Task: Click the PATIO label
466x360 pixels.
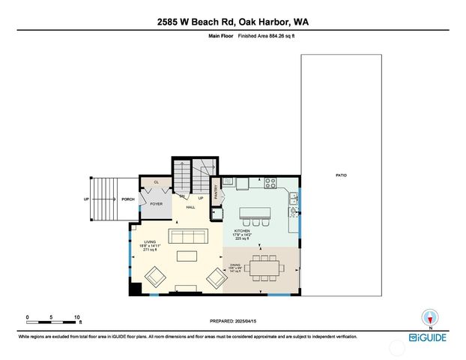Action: (x=341, y=175)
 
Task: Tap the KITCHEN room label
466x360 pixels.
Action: (x=242, y=231)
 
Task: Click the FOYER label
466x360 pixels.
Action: (x=156, y=204)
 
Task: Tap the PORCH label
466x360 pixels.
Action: (x=128, y=199)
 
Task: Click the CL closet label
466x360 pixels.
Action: (x=156, y=182)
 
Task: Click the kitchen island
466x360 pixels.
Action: (x=264, y=206)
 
